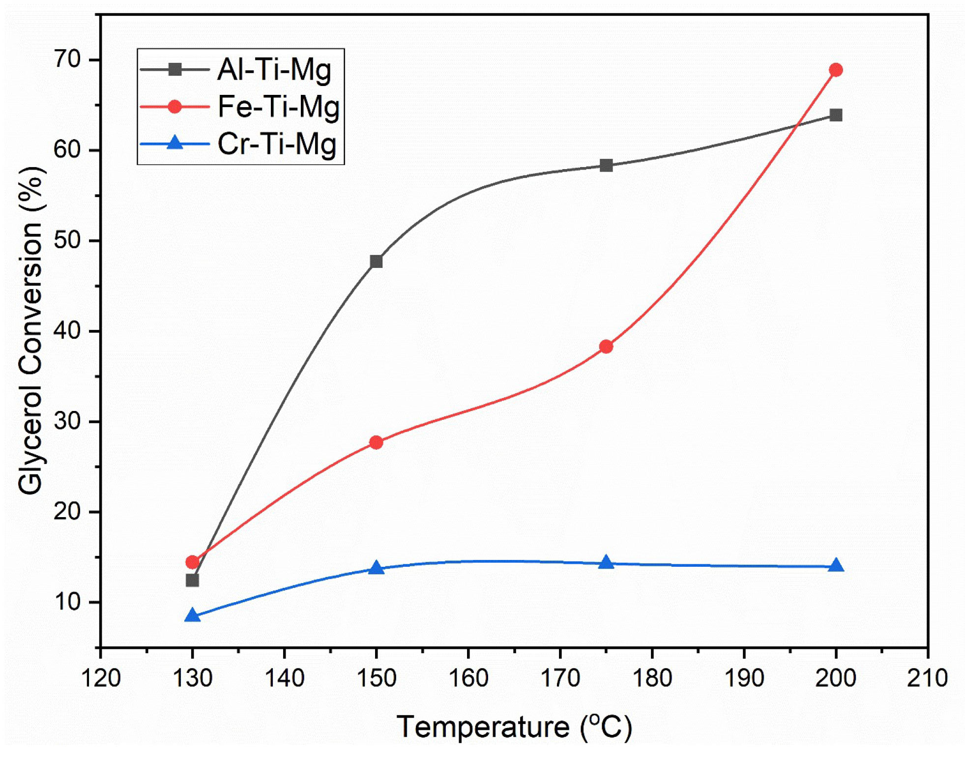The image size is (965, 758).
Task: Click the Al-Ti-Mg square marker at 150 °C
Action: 376,261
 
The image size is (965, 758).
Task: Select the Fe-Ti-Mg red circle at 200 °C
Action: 835,70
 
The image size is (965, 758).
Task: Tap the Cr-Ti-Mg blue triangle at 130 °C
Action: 192,615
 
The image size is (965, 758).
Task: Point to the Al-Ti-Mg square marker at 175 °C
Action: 606,165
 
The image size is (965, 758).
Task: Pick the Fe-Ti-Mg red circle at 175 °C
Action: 606,347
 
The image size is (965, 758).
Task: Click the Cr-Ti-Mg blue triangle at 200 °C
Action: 835,566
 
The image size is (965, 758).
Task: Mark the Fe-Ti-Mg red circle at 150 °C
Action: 376,442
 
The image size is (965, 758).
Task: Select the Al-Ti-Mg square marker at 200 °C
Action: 835,115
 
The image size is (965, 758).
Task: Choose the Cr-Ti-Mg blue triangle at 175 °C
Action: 606,562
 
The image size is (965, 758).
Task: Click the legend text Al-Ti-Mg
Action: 274,69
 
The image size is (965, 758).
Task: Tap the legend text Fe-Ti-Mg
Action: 278,107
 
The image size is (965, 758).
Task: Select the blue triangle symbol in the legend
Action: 175,144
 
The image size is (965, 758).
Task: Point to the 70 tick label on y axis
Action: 67,59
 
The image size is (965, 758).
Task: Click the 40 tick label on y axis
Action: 67,331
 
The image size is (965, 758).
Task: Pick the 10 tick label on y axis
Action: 67,602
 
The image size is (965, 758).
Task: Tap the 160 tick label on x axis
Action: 468,678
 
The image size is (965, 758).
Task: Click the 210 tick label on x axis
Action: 927,678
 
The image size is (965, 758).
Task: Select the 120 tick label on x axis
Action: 101,678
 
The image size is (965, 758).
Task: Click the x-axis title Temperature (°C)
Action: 514,727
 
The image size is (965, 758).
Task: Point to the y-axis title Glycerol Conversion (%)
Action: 30,330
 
